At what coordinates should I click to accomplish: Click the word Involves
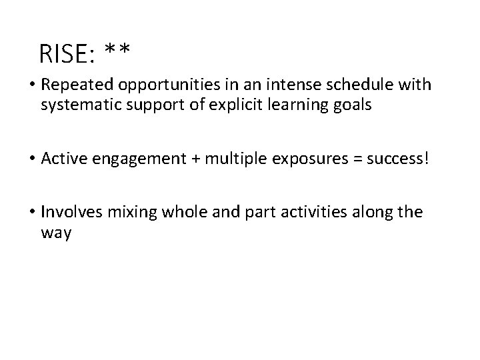pyautogui.click(x=68, y=213)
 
